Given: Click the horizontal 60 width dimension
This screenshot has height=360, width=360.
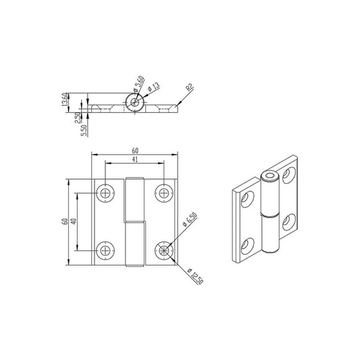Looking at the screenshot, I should (x=135, y=150).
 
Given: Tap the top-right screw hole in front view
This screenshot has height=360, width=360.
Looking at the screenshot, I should (x=164, y=193).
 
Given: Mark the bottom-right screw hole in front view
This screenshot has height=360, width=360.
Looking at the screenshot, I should (x=164, y=251).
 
